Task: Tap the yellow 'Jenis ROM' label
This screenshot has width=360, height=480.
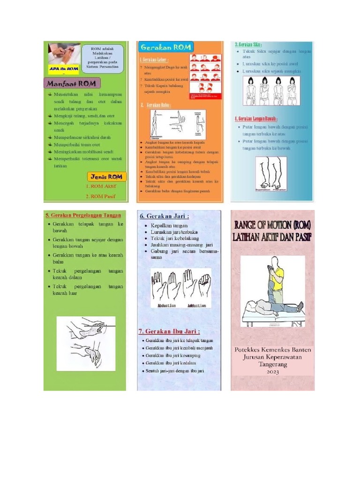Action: pyautogui.click(x=106, y=177)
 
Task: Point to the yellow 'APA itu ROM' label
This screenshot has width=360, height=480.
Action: pyautogui.click(x=63, y=68)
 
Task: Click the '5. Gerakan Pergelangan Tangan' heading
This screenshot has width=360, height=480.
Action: pyautogui.click(x=83, y=215)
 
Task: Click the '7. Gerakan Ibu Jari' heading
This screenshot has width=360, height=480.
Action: pyautogui.click(x=168, y=330)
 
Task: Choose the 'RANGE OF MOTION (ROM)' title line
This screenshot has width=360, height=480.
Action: pyautogui.click(x=272, y=225)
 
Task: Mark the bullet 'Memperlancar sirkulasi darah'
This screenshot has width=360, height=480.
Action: pyautogui.click(x=82, y=137)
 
